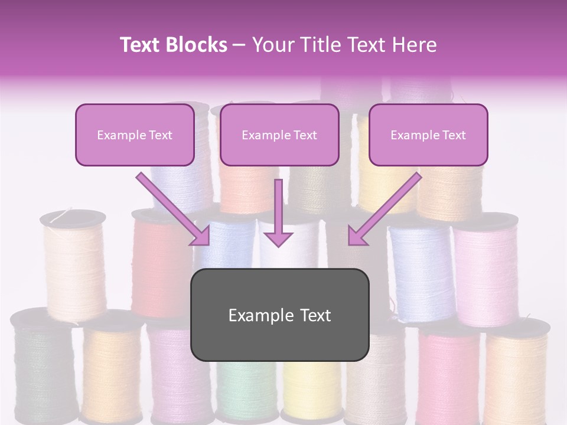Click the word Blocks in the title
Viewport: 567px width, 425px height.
tap(196, 45)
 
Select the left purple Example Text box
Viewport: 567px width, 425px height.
tap(135, 135)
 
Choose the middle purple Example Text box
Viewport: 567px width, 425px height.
tap(279, 135)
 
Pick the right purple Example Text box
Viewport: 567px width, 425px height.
tap(428, 135)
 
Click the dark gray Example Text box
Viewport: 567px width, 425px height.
tap(279, 315)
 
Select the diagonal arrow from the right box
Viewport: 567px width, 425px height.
tap(384, 210)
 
